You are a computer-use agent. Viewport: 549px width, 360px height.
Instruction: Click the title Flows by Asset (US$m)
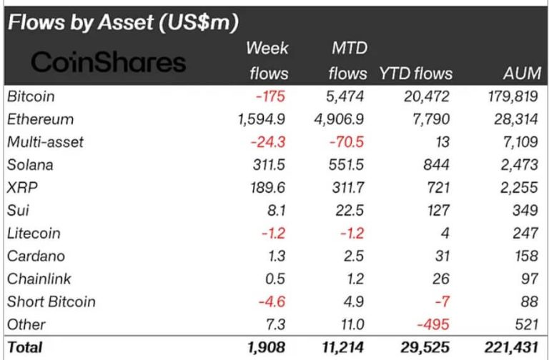[122, 22]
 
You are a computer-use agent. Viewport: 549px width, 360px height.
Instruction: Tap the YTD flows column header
[415, 74]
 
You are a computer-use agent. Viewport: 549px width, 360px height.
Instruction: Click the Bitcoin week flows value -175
[274, 96]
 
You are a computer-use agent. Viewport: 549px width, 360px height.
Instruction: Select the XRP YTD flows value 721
[437, 188]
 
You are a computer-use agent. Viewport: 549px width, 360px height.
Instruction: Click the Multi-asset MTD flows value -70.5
[347, 142]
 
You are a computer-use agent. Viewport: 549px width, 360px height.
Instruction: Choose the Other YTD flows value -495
[433, 324]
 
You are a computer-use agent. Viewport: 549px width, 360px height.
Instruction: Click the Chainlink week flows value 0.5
[278, 279]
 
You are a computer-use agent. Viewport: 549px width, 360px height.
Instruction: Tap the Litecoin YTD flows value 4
[445, 233]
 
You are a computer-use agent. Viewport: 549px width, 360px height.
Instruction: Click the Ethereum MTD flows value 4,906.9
[340, 119]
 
